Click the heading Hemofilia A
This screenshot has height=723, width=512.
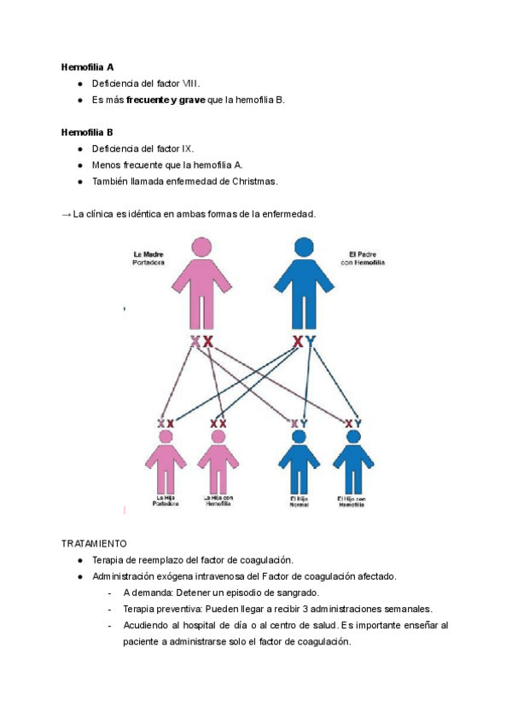(x=88, y=67)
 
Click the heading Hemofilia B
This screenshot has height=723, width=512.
(x=88, y=132)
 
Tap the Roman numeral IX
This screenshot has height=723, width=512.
(x=188, y=148)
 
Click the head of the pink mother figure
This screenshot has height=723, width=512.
(x=201, y=247)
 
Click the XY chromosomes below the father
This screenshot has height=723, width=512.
(x=303, y=342)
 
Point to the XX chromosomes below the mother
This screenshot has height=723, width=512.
(x=201, y=342)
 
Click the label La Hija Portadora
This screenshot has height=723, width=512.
(x=166, y=501)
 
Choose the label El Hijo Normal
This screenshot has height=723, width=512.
(x=299, y=501)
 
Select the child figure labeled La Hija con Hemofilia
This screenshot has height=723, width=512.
(x=218, y=460)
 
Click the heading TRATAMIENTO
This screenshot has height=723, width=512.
(x=94, y=543)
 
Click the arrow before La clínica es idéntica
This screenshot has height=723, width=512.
(x=67, y=214)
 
